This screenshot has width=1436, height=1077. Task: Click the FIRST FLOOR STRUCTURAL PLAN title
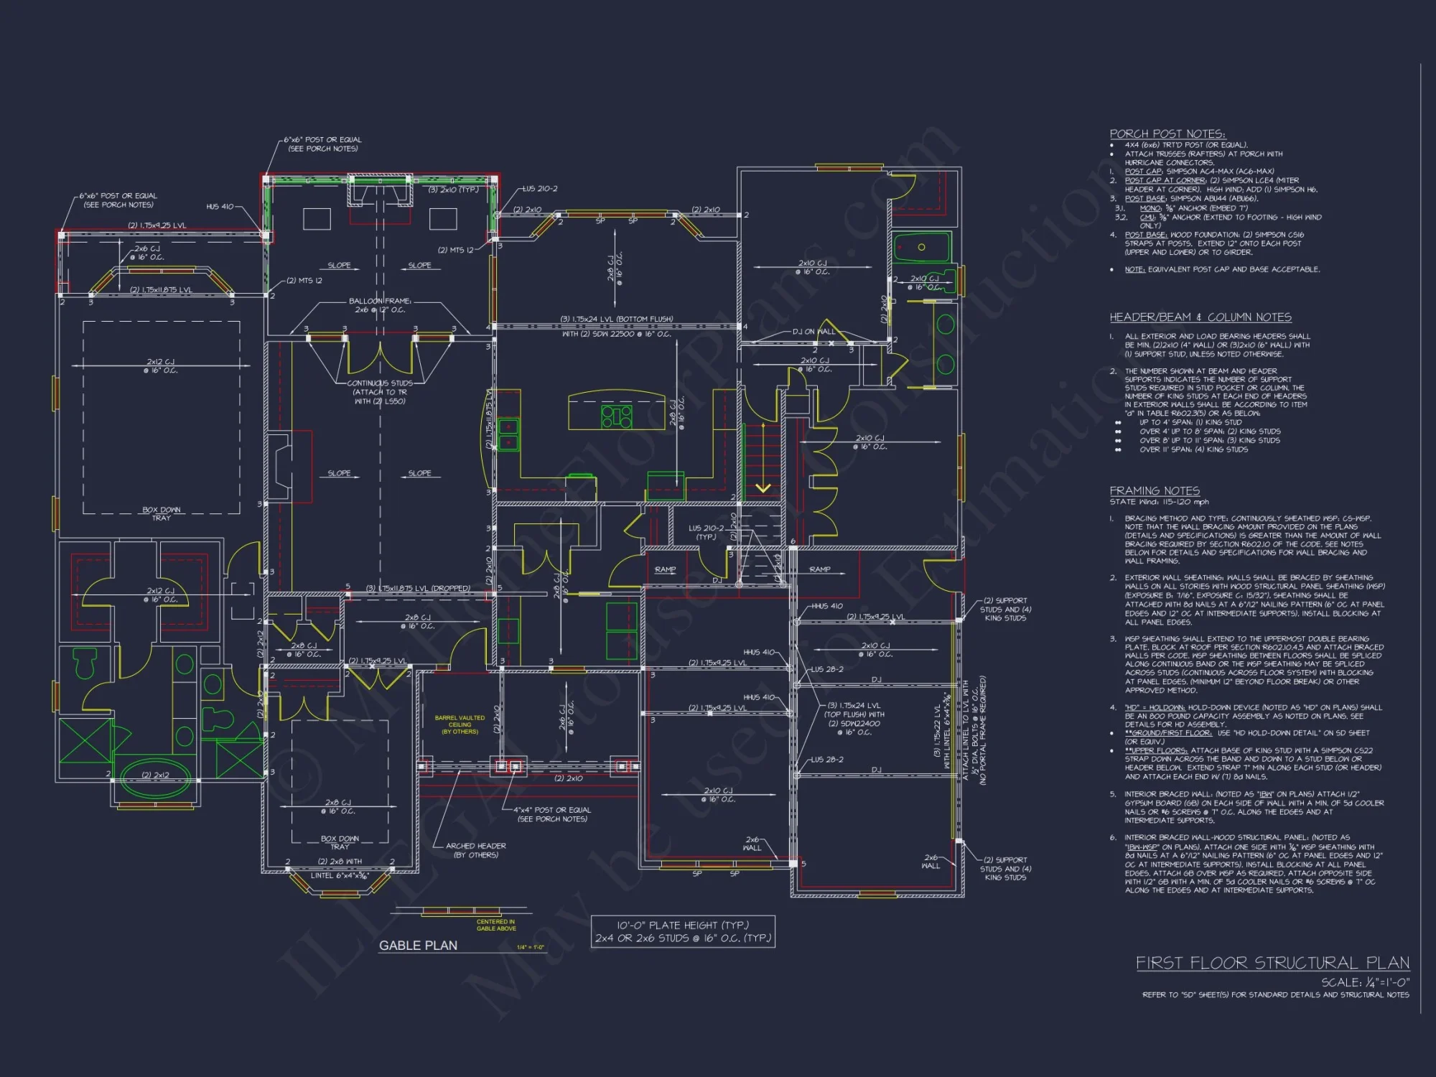click(1272, 963)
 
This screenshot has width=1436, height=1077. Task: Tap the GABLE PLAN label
click(418, 946)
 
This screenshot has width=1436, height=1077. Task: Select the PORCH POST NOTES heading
click(1167, 134)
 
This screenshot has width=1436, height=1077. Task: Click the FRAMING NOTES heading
click(1155, 490)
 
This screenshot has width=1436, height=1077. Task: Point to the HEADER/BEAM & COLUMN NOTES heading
click(1200, 317)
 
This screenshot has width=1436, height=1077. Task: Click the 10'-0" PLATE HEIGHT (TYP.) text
click(682, 926)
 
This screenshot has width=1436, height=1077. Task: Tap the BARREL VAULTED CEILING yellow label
click(460, 724)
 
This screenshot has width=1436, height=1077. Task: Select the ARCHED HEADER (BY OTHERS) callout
click(475, 850)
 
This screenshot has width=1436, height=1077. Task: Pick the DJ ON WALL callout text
click(813, 332)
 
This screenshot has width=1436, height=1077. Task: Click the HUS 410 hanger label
click(220, 207)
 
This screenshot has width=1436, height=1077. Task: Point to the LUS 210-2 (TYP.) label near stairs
click(706, 532)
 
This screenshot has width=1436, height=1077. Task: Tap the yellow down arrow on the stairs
click(763, 488)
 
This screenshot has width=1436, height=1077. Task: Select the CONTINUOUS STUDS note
click(380, 392)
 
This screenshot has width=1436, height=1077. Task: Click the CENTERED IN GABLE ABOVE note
click(496, 925)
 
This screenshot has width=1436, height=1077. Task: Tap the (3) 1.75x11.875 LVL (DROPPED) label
click(418, 588)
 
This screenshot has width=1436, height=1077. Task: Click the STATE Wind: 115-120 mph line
click(1159, 502)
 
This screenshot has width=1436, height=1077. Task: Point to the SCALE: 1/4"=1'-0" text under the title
click(1365, 982)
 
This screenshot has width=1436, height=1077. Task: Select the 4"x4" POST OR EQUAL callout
click(552, 814)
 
